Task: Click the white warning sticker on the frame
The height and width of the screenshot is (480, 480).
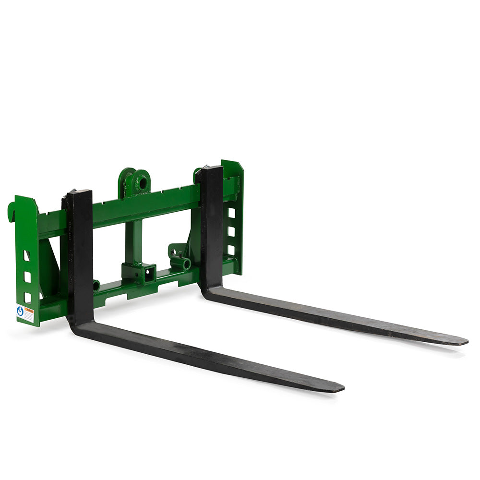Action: tap(25, 314)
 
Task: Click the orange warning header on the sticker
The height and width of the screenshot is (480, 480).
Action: tap(29, 311)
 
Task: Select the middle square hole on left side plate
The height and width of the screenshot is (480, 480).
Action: tap(27, 277)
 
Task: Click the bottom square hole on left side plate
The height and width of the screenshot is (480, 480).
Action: tap(27, 298)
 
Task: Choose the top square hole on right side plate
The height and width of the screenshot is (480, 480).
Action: tap(231, 213)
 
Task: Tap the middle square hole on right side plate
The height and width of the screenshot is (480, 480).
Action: tap(231, 231)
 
